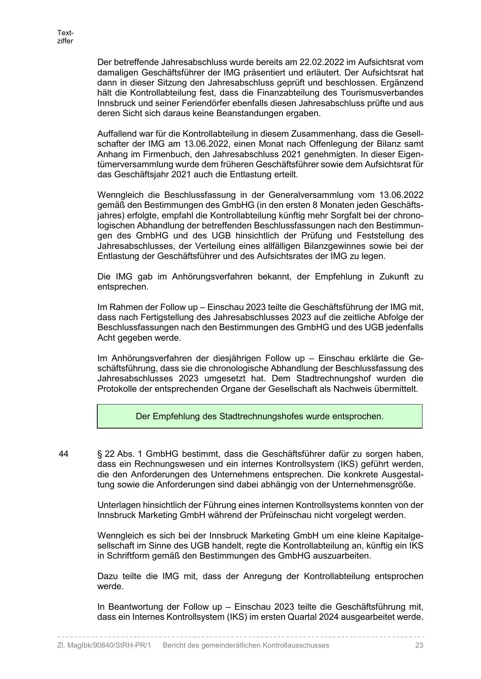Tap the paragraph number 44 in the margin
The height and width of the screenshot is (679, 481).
(x=64, y=454)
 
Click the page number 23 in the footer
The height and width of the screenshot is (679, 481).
(x=419, y=645)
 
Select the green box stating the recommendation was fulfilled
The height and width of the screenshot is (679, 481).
(x=259, y=416)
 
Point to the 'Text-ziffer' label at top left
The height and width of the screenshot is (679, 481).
(x=65, y=37)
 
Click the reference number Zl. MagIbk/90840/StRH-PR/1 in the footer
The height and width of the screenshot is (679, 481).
(x=103, y=645)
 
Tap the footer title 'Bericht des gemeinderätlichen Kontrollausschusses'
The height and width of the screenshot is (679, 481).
(x=246, y=645)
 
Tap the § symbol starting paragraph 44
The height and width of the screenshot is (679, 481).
(x=100, y=454)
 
